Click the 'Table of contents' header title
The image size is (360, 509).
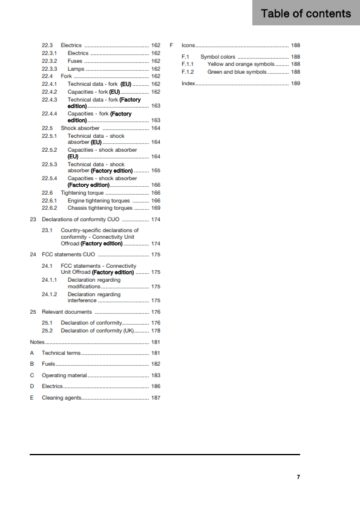click(x=306, y=13)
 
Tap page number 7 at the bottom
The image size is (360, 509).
click(x=298, y=477)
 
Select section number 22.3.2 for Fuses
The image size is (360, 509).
click(x=50, y=61)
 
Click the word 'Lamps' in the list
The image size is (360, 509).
click(x=76, y=69)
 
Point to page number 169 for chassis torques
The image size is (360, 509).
click(x=155, y=208)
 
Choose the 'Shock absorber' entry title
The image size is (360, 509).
click(x=80, y=128)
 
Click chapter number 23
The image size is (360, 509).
click(x=33, y=219)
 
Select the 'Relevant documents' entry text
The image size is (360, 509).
click(x=67, y=312)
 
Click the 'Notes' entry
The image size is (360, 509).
click(x=37, y=342)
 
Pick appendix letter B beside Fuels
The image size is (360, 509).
click(x=31, y=364)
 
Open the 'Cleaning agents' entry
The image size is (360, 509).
click(x=61, y=398)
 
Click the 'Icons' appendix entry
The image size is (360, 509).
click(x=188, y=45)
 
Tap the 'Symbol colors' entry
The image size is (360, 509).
click(x=218, y=57)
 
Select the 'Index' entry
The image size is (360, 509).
click(x=188, y=83)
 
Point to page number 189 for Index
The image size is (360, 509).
click(x=295, y=83)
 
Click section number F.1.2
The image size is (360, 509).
click(x=187, y=72)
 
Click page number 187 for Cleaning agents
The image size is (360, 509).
click(x=155, y=398)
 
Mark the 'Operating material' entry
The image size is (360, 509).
click(x=64, y=375)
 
